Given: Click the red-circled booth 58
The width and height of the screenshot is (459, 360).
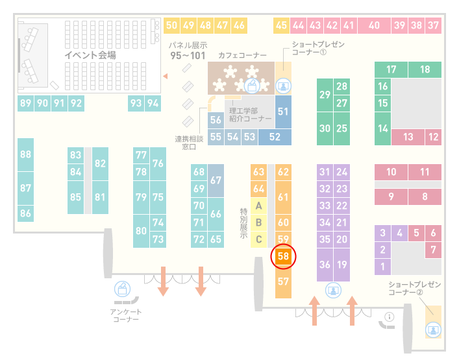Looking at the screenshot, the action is point(283,256).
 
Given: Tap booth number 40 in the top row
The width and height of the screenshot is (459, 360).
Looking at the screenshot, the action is point(374,25).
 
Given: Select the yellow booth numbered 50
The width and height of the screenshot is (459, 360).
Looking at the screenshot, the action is point(171,25).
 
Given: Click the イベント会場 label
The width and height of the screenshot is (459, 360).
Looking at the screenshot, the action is point(90,55).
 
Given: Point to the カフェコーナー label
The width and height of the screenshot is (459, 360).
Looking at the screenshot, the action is point(242,55).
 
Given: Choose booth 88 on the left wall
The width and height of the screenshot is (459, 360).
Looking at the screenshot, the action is point(25,154).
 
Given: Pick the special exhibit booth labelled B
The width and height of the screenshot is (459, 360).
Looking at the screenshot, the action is point(258,222).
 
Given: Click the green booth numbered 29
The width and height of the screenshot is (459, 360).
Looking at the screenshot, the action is point(325,95).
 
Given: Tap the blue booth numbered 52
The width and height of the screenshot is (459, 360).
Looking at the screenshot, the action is point(275,137).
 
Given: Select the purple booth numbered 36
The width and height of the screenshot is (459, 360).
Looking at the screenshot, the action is point(325,265).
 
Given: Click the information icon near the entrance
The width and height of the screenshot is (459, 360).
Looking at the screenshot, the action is point(390,317).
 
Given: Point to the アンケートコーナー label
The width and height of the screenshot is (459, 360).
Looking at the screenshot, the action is point(126,315).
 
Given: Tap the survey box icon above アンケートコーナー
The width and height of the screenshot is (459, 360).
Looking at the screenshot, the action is point(122,289).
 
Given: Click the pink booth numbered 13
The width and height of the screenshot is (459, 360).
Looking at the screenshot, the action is point(408,137).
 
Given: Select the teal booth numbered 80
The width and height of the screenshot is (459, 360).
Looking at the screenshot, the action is point(141,231).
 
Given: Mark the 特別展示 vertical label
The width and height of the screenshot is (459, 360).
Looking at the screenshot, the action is point(243,223).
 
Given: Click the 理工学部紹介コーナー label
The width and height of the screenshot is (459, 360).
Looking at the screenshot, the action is point(251,115).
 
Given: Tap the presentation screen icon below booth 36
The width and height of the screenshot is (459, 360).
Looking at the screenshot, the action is point(333,291).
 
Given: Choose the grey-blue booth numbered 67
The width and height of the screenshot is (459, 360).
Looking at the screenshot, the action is point(216,180).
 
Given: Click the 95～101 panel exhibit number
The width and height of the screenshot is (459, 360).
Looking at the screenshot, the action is point(188,56).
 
